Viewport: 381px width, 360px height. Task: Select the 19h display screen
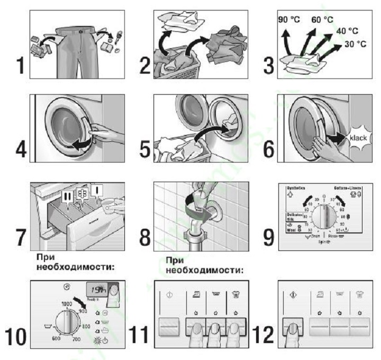(x=97, y=290)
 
